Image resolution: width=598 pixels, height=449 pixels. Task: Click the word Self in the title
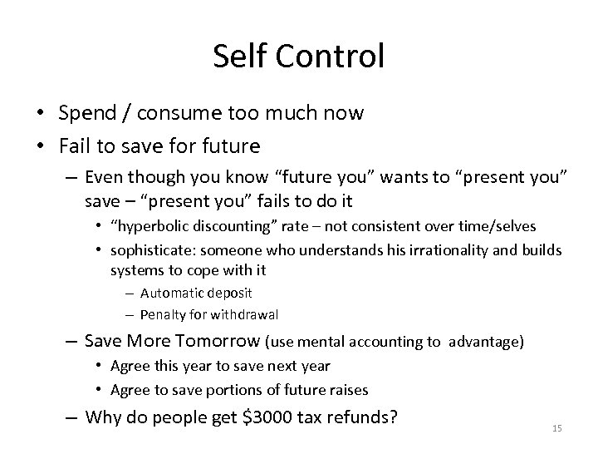pyautogui.click(x=237, y=57)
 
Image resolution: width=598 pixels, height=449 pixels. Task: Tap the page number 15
pyautogui.click(x=557, y=427)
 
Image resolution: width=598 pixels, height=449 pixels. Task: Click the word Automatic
pyautogui.click(x=170, y=293)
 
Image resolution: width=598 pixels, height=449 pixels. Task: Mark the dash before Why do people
pyautogui.click(x=71, y=416)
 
